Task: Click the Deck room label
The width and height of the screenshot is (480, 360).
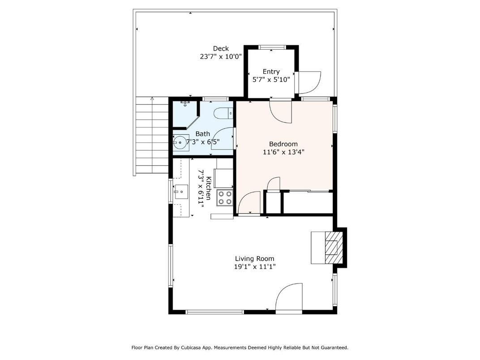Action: pyautogui.click(x=221, y=48)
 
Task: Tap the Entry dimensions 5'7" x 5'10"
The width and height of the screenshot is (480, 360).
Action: pyautogui.click(x=271, y=79)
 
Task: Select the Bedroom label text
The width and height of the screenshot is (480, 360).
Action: pyautogui.click(x=283, y=144)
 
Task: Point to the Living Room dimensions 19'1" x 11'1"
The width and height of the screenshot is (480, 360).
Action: pyautogui.click(x=255, y=266)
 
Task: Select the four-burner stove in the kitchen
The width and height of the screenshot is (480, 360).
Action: pyautogui.click(x=225, y=197)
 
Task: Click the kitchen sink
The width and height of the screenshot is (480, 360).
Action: pyautogui.click(x=182, y=192)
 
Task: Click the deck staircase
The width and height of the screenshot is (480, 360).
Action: pyautogui.click(x=152, y=136)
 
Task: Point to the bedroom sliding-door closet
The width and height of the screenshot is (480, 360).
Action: pyautogui.click(x=308, y=202)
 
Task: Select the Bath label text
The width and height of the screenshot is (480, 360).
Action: pyautogui.click(x=202, y=133)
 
